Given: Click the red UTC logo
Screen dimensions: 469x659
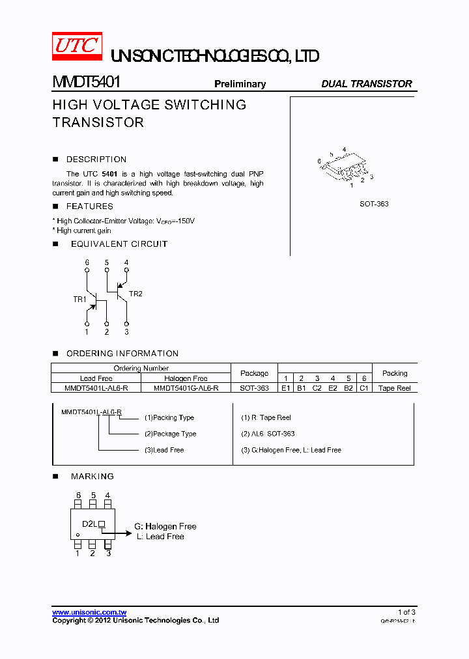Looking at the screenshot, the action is (x=76, y=46).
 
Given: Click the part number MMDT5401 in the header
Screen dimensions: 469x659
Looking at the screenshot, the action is (x=86, y=83).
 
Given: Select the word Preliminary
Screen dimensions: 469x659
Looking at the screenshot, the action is (x=240, y=84).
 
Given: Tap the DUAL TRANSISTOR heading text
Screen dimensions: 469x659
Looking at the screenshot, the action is (x=367, y=84).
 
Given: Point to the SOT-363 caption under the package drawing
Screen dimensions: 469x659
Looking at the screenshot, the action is (x=374, y=204).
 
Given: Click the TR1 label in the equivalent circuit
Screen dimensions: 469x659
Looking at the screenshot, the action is (x=79, y=300).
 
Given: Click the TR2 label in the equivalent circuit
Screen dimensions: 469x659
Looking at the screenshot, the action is (x=135, y=294).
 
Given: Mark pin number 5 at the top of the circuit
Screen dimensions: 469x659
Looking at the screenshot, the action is (x=106, y=262).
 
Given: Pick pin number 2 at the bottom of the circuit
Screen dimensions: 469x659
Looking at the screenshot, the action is (x=106, y=332).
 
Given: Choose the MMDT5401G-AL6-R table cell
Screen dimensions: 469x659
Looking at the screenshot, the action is (x=186, y=388).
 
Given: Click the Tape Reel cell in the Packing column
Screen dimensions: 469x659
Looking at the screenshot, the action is (x=394, y=388).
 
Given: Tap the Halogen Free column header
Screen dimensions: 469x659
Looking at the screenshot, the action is (x=186, y=378).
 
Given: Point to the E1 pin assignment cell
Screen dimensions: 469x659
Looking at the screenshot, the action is (x=285, y=388).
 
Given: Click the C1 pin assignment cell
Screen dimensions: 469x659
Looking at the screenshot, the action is (x=364, y=388).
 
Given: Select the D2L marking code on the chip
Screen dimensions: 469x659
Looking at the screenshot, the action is (x=89, y=524).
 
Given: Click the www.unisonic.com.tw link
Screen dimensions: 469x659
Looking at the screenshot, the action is (x=89, y=612).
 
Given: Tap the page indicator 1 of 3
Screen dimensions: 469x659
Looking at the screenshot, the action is (x=406, y=612).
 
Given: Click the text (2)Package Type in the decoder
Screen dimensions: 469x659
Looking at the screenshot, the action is (x=170, y=434).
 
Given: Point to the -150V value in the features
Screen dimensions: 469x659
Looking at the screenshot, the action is (x=184, y=221).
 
